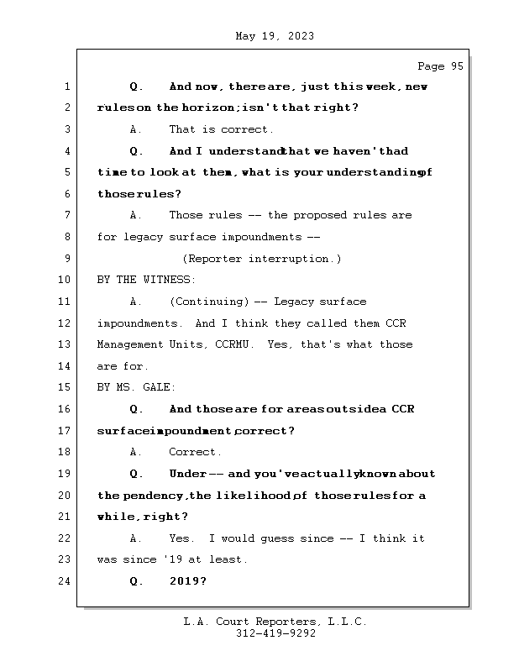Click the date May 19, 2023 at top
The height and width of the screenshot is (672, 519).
pyautogui.click(x=275, y=36)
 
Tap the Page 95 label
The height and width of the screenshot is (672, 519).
pyautogui.click(x=440, y=66)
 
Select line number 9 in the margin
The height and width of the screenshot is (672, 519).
pyautogui.click(x=67, y=259)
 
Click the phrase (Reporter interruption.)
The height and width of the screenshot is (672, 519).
pyautogui.click(x=261, y=259)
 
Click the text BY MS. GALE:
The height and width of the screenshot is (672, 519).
pyautogui.click(x=137, y=387)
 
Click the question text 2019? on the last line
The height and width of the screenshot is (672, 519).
pyautogui.click(x=188, y=581)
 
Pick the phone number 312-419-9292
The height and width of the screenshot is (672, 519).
pyautogui.click(x=275, y=634)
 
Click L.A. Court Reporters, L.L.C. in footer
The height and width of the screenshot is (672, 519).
pyautogui.click(x=275, y=622)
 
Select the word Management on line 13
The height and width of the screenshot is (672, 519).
pyautogui.click(x=129, y=344)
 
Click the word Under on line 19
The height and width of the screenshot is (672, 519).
pyautogui.click(x=188, y=474)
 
